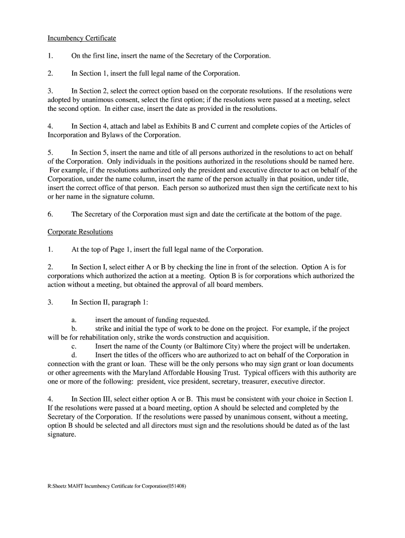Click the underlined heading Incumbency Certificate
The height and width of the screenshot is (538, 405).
[82, 38]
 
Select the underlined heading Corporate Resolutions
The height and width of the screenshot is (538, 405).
[80, 232]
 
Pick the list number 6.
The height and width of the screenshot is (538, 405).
[50, 214]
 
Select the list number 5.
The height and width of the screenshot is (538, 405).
[50, 152]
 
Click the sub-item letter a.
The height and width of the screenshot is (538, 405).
[74, 320]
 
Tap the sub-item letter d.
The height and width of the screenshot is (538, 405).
[74, 355]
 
